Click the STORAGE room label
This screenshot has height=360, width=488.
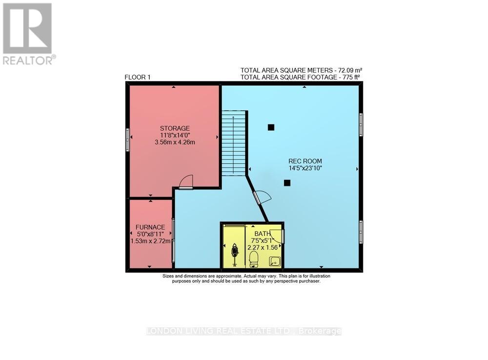[174, 128]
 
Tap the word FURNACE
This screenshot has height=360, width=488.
[150, 227]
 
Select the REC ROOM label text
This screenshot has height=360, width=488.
[305, 161]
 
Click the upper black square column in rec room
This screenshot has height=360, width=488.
[271, 127]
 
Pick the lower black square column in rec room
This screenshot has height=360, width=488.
[287, 183]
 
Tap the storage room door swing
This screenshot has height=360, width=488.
[186, 182]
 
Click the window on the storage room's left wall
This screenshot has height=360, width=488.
[127, 139]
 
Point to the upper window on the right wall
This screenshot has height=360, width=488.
[361, 125]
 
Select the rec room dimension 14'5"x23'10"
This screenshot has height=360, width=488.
[305, 169]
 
